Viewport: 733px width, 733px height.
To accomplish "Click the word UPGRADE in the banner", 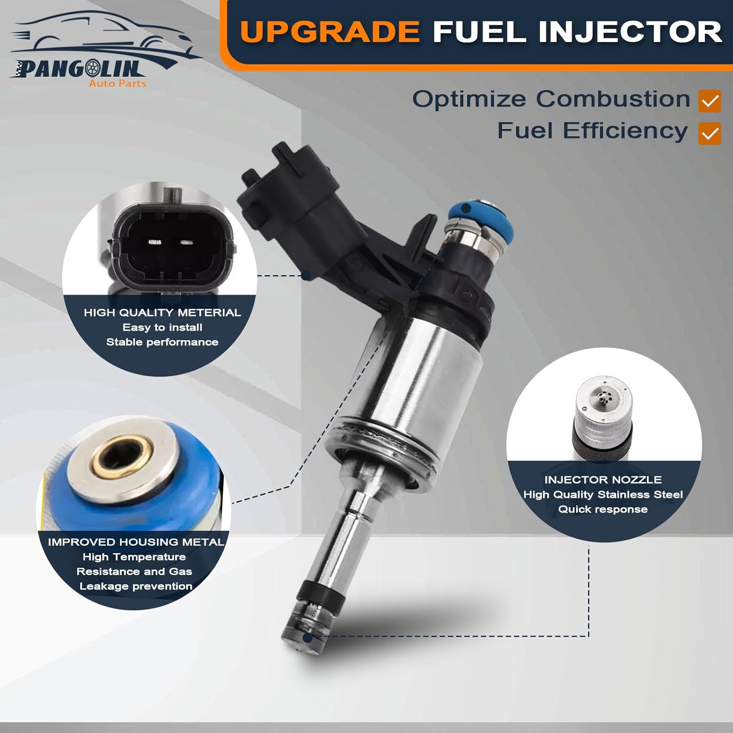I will click(330, 32).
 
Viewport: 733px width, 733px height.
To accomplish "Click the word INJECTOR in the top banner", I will click(630, 32).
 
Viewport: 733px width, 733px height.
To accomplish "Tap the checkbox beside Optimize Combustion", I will click(710, 101).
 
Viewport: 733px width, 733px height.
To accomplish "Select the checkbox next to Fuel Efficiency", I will click(710, 133).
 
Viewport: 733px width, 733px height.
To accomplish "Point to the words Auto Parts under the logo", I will click(117, 84).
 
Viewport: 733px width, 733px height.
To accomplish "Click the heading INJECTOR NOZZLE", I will click(603, 480).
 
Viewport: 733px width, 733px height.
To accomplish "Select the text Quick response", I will click(603, 509).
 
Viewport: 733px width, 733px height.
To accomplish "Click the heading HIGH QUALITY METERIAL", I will click(162, 313).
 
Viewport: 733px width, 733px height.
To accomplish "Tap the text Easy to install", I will click(162, 327).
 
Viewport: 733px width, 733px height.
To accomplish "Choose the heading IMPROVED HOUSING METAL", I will click(136, 542).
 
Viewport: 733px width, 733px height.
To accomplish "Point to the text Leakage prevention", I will click(136, 586).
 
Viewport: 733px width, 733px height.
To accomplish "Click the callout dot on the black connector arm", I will click(306, 276).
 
